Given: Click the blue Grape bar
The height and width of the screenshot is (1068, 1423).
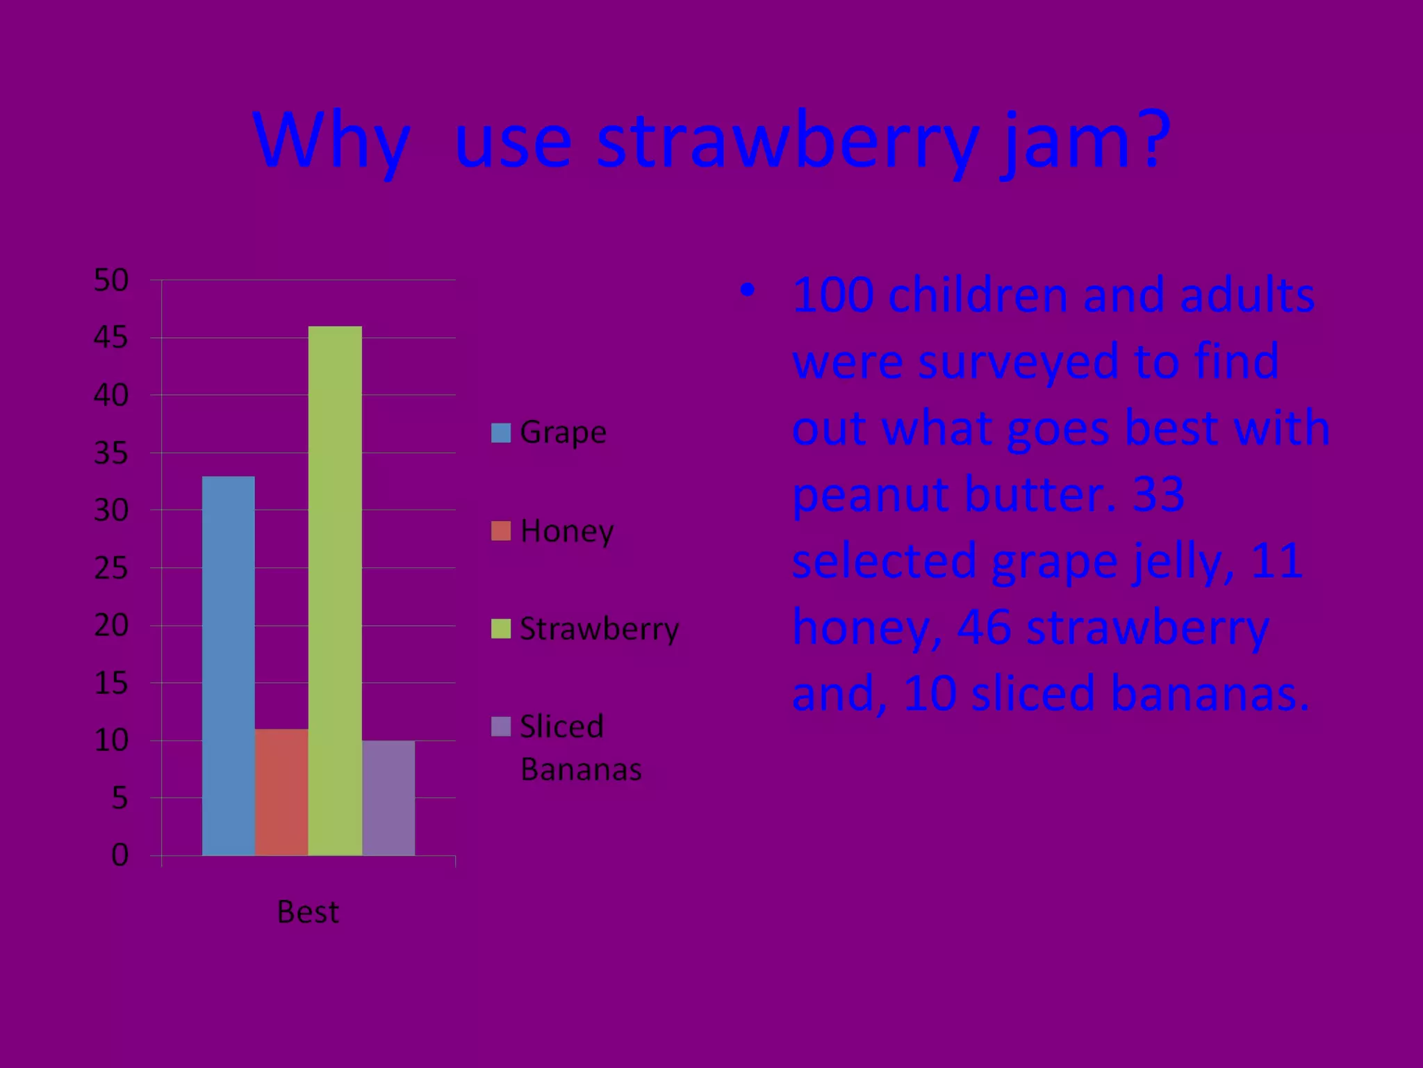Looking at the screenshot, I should point(228,665).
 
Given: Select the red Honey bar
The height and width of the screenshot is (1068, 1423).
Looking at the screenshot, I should point(281,792).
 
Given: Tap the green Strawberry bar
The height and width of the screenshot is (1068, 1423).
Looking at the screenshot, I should point(335,590).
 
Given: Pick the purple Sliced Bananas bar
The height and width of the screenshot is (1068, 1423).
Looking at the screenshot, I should point(388,798).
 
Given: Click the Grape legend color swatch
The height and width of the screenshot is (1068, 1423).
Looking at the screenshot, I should point(500,432).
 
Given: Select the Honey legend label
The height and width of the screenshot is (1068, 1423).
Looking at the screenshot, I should point(567,531).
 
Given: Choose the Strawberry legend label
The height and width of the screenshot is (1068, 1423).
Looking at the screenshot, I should point(599,629).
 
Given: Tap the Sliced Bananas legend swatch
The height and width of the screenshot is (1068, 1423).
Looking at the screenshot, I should point(500,727).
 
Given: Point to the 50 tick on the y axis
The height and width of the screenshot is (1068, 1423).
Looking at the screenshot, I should point(111,280).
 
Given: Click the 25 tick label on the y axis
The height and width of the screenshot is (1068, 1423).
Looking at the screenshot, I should point(111,568).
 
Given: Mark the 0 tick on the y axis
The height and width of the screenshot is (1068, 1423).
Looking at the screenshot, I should point(120,855).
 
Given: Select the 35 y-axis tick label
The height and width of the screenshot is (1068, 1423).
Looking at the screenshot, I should point(111,453).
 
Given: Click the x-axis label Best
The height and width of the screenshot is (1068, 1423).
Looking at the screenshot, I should point(308,912).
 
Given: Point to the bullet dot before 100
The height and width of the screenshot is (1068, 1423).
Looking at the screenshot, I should point(746,290).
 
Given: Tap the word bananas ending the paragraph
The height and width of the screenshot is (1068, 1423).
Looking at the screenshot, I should point(1209,694).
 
